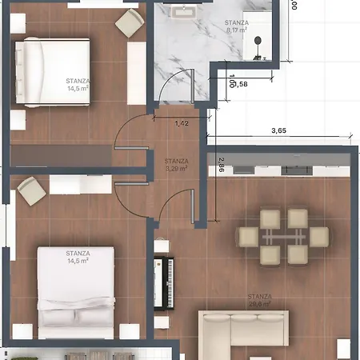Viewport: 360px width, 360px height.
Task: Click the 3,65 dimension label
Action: point(279,130)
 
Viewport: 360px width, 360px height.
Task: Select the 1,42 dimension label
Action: point(182,124)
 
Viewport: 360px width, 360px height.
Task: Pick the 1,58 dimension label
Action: point(238,83)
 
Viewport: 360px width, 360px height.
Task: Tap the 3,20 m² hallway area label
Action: point(175,168)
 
